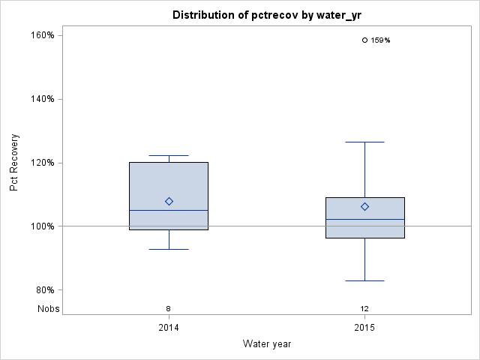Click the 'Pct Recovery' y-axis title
[x=15, y=163]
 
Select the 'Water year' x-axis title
[x=267, y=343]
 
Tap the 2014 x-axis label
[x=169, y=328]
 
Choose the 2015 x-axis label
[x=364, y=328]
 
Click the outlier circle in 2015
[x=364, y=40]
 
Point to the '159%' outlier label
[x=380, y=40]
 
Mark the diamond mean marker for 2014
[x=169, y=201]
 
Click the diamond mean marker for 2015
[x=364, y=206]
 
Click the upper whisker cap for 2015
[x=364, y=142]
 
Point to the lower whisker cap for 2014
[x=169, y=249]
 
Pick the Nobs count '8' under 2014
[x=169, y=308]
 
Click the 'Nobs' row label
[x=49, y=308]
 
